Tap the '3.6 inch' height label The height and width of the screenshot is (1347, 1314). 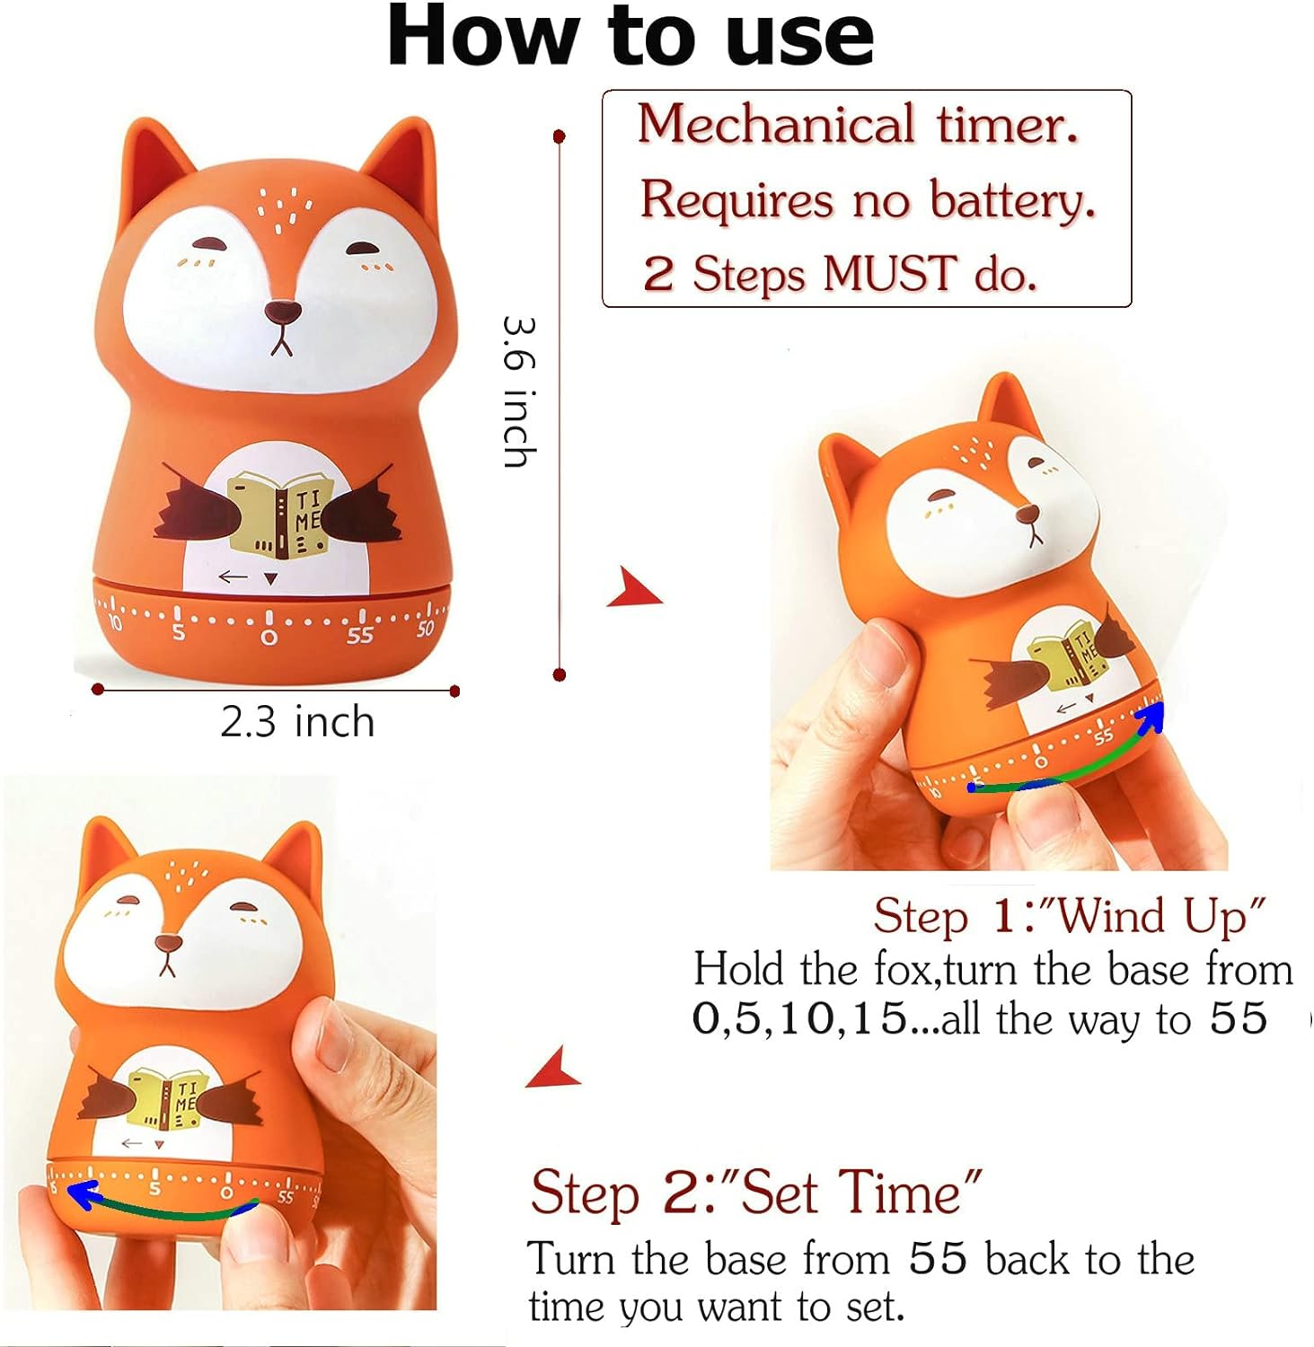521,391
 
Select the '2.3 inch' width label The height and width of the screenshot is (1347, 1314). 297,722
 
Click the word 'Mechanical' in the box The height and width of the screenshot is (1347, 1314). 776,124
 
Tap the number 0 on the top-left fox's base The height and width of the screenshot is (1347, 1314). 269,638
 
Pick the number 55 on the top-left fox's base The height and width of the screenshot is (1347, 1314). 360,636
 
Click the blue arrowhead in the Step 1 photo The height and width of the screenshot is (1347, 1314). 1151,717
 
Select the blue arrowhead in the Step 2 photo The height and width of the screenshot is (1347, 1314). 84,1195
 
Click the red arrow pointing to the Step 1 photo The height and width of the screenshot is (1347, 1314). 635,589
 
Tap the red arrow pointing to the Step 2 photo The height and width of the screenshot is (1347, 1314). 554,1068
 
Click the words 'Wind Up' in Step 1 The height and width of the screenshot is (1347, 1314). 1160,916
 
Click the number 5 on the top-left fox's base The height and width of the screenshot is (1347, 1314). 179,633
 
